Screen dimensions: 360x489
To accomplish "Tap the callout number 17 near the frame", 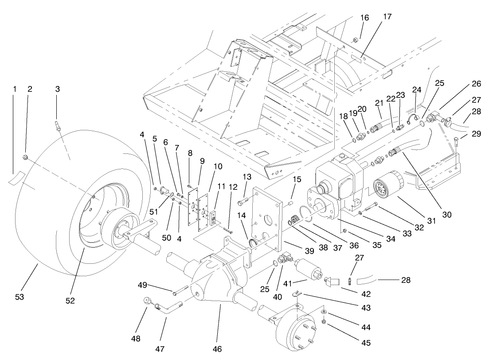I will (387, 16).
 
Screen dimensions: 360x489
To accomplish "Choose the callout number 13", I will (247, 177).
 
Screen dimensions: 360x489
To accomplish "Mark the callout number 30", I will (446, 214).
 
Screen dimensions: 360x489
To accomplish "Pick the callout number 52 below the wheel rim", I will (70, 300).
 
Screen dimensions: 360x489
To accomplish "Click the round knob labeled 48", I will (148, 301).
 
